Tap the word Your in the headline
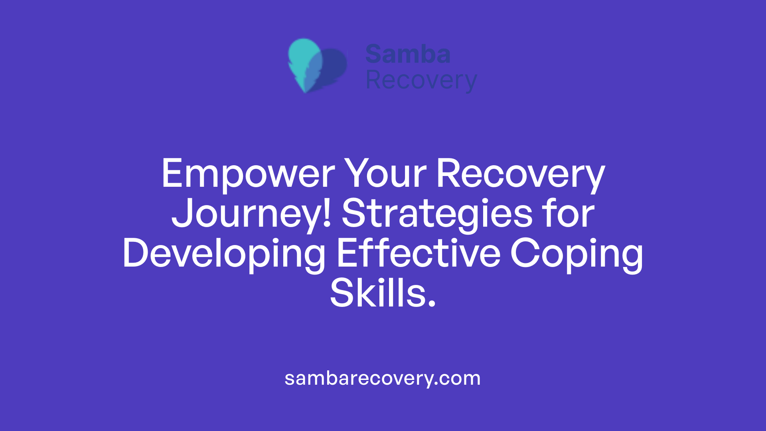click(x=385, y=174)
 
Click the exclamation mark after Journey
click(x=327, y=214)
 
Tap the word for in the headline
click(x=568, y=214)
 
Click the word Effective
click(x=419, y=253)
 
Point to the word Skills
click(x=377, y=293)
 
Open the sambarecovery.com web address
click(x=383, y=378)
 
